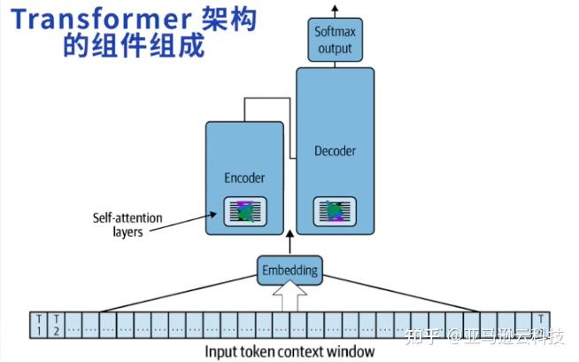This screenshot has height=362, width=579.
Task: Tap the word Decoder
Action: [x=336, y=151]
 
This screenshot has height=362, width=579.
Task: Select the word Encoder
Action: [x=244, y=178]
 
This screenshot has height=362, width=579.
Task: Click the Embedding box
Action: [x=289, y=269]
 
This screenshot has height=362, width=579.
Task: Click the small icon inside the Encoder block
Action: [x=244, y=211]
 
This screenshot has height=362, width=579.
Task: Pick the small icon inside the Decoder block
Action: [x=335, y=211]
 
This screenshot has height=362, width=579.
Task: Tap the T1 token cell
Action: [x=38, y=325]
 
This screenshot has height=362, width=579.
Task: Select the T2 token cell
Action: [x=56, y=325]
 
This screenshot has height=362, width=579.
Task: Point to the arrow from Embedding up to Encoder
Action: [x=289, y=244]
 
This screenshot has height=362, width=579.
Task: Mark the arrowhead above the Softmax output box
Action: [x=336, y=9]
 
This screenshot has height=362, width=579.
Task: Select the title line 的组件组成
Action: [x=133, y=44]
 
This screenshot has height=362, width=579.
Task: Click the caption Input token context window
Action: [x=289, y=351]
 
